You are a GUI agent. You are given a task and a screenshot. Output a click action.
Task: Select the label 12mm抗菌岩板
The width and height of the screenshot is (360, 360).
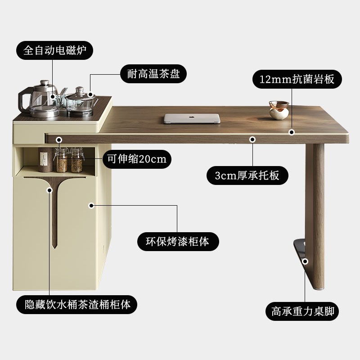(x=297, y=79)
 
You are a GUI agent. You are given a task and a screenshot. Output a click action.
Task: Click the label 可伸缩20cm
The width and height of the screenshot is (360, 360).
(x=137, y=158)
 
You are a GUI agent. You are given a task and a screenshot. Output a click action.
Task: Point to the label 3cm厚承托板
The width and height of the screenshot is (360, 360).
(x=247, y=175)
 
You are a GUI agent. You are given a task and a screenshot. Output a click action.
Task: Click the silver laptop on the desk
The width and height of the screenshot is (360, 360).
(x=192, y=118)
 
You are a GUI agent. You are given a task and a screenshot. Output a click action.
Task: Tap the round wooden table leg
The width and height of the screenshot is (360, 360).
(x=315, y=198)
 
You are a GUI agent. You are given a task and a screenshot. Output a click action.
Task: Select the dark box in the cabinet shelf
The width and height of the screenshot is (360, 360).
(x=44, y=159)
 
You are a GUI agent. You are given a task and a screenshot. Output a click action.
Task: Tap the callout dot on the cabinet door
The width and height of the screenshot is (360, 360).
(x=91, y=206)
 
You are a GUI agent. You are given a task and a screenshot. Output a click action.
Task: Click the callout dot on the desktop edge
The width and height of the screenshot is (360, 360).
(x=292, y=132)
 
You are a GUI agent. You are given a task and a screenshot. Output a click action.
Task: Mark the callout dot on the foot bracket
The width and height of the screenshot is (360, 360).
(x=305, y=261)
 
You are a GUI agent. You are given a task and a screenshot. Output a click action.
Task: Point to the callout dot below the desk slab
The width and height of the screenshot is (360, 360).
(x=252, y=140)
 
